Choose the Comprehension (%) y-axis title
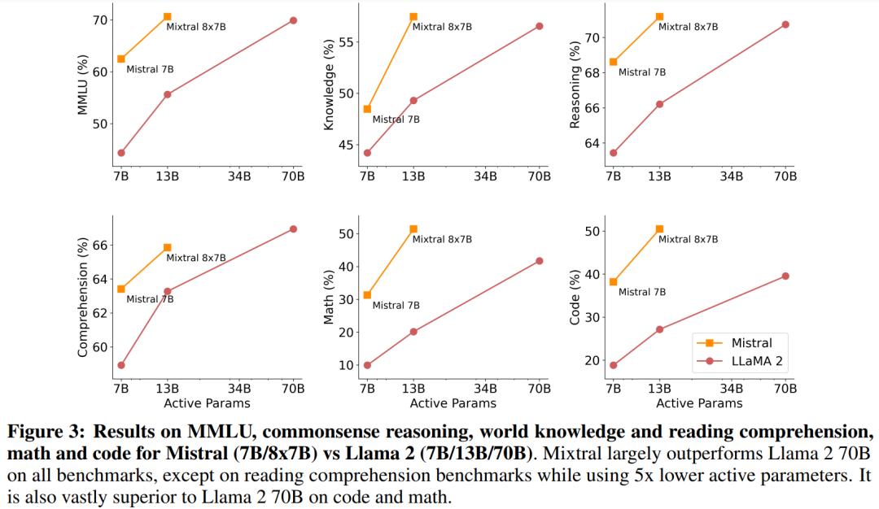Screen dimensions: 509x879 (82, 298)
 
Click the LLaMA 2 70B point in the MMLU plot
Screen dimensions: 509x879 (293, 20)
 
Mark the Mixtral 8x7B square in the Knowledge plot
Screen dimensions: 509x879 (413, 16)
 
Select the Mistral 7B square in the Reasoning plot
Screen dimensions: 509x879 (613, 62)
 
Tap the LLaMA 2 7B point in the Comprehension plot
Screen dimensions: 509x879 (121, 365)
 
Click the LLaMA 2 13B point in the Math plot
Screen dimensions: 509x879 (413, 331)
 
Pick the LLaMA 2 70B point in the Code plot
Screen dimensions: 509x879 (785, 276)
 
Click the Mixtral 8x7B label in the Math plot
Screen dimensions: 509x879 (442, 239)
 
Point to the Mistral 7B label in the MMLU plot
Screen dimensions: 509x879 (150, 69)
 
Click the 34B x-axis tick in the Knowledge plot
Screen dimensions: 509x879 (486, 176)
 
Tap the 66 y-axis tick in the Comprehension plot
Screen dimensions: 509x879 (102, 246)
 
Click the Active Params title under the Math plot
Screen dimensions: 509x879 (453, 402)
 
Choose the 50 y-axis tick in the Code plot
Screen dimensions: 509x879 (593, 232)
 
